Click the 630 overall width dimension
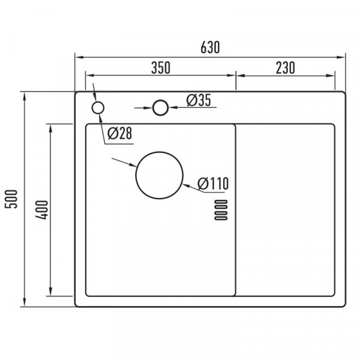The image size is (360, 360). click(x=210, y=47)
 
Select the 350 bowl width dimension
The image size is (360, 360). click(x=161, y=68)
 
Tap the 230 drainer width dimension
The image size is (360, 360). click(x=285, y=68)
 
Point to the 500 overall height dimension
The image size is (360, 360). click(x=11, y=199)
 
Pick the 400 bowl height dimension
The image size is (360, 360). click(x=41, y=210)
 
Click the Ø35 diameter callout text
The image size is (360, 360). click(x=199, y=100)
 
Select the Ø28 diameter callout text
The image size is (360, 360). click(x=119, y=133)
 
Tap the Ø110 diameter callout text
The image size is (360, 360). click(x=213, y=184)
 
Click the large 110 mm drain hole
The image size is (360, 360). click(x=160, y=152)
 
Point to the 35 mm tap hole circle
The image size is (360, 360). click(x=160, y=100)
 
